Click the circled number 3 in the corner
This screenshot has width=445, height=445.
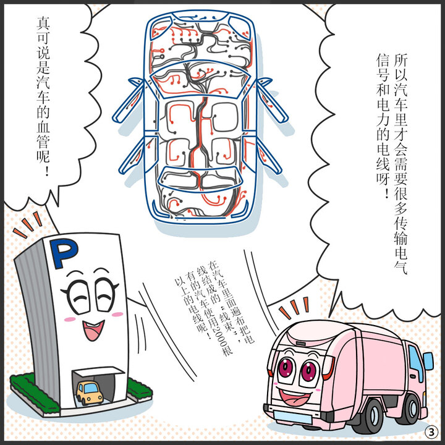[x=431, y=431]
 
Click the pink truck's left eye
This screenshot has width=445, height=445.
[x=286, y=369]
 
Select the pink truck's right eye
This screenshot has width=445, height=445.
[x=307, y=372]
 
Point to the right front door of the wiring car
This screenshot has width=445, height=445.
[x=272, y=99]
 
